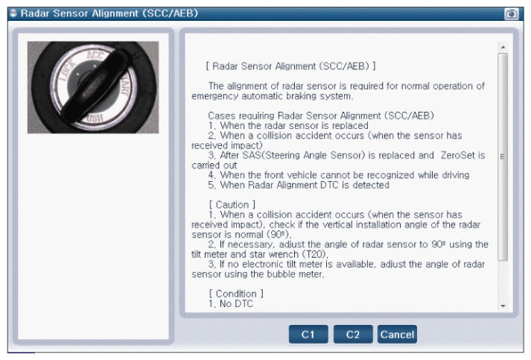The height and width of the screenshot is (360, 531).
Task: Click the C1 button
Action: coord(308,334)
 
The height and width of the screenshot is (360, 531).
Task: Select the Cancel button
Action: coord(397,334)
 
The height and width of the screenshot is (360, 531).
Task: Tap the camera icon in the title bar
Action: coord(512,13)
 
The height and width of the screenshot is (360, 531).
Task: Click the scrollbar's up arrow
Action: coord(503,47)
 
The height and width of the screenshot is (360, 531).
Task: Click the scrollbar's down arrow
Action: coord(503,306)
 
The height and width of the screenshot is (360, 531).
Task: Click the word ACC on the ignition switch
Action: coord(96,55)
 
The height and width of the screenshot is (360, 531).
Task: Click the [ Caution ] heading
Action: coord(232,205)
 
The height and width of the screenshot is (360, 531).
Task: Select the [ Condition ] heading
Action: coord(236,294)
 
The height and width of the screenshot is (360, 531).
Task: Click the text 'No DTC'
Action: coord(236,303)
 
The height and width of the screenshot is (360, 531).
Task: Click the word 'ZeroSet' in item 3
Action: coord(458,155)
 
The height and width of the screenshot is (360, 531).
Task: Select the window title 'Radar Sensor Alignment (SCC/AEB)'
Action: coord(109,13)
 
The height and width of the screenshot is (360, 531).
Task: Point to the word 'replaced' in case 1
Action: coord(350,126)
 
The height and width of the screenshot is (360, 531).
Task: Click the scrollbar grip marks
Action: coord(503,157)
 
